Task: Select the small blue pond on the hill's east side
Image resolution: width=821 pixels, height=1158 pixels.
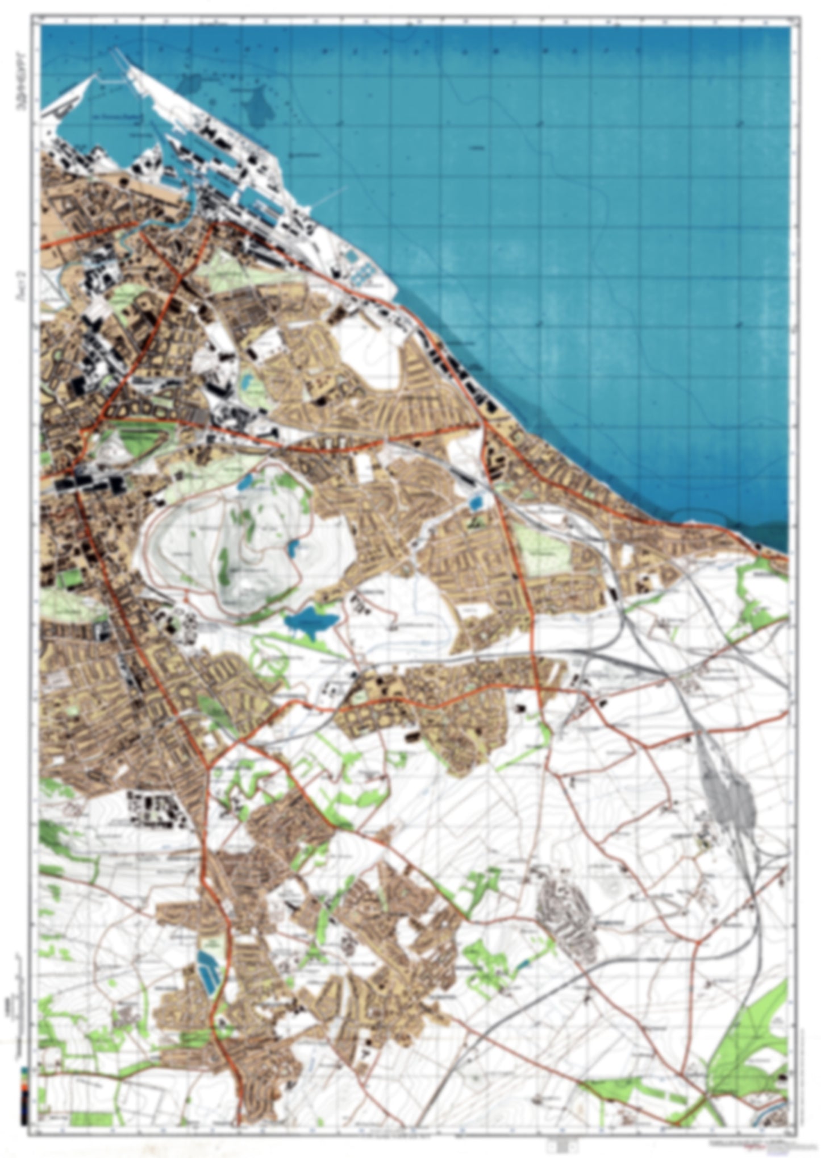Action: point(293,549)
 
